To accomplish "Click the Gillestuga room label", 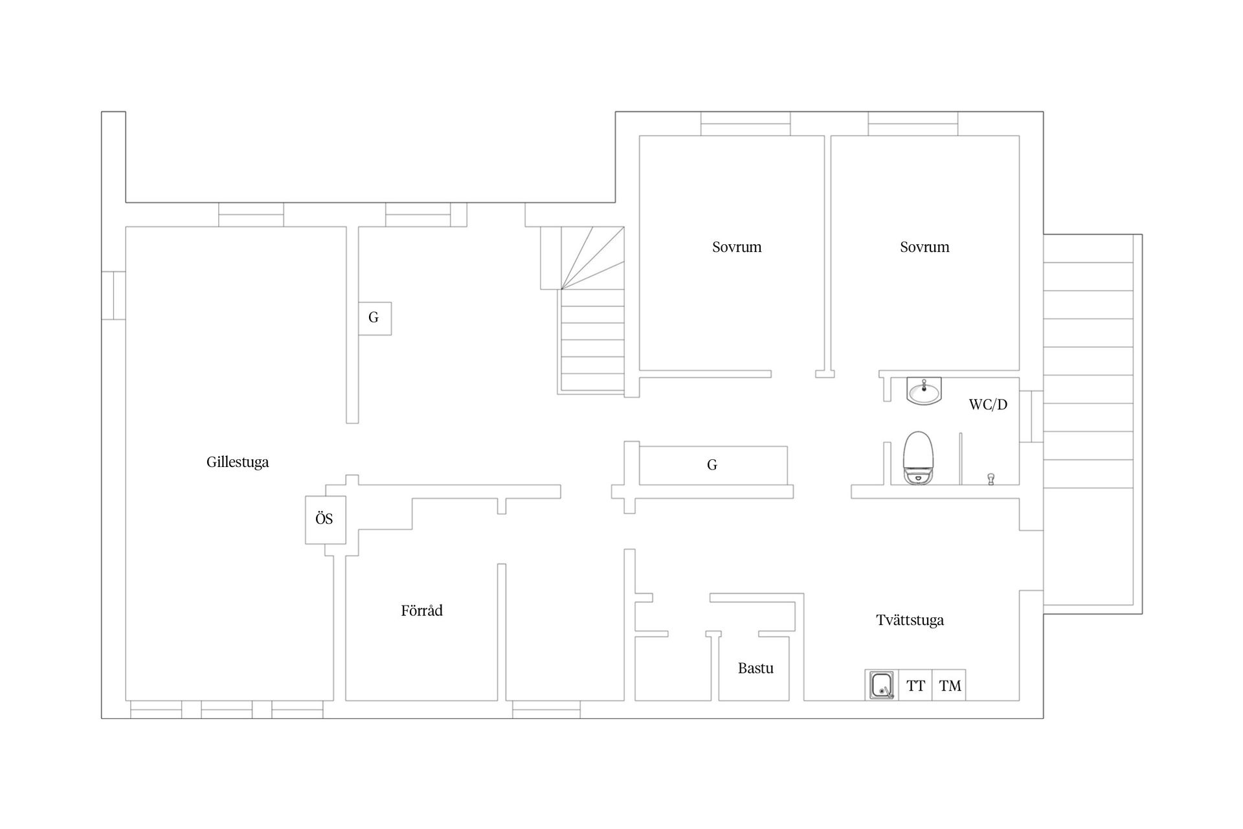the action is [238, 462].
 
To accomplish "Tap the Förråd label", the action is [421, 610].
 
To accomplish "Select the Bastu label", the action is [756, 668].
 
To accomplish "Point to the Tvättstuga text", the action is [910, 620].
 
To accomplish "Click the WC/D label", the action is [988, 405].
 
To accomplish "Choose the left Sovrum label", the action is [737, 247].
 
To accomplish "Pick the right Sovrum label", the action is [924, 247].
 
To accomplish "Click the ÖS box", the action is [326, 519].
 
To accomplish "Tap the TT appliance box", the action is [915, 685].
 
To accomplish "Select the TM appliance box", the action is [949, 685].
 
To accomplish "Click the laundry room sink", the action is [881, 685].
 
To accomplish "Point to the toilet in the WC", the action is [919, 458].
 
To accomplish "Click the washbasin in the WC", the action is [924, 391].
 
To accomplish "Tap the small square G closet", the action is [375, 318].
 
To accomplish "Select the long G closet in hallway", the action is [713, 465].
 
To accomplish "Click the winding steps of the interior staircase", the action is [592, 258].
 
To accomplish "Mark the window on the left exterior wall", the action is [113, 295].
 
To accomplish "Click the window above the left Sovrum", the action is [745, 124].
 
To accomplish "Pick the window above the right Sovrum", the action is [913, 124].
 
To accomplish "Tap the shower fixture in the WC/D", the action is [991, 479].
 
